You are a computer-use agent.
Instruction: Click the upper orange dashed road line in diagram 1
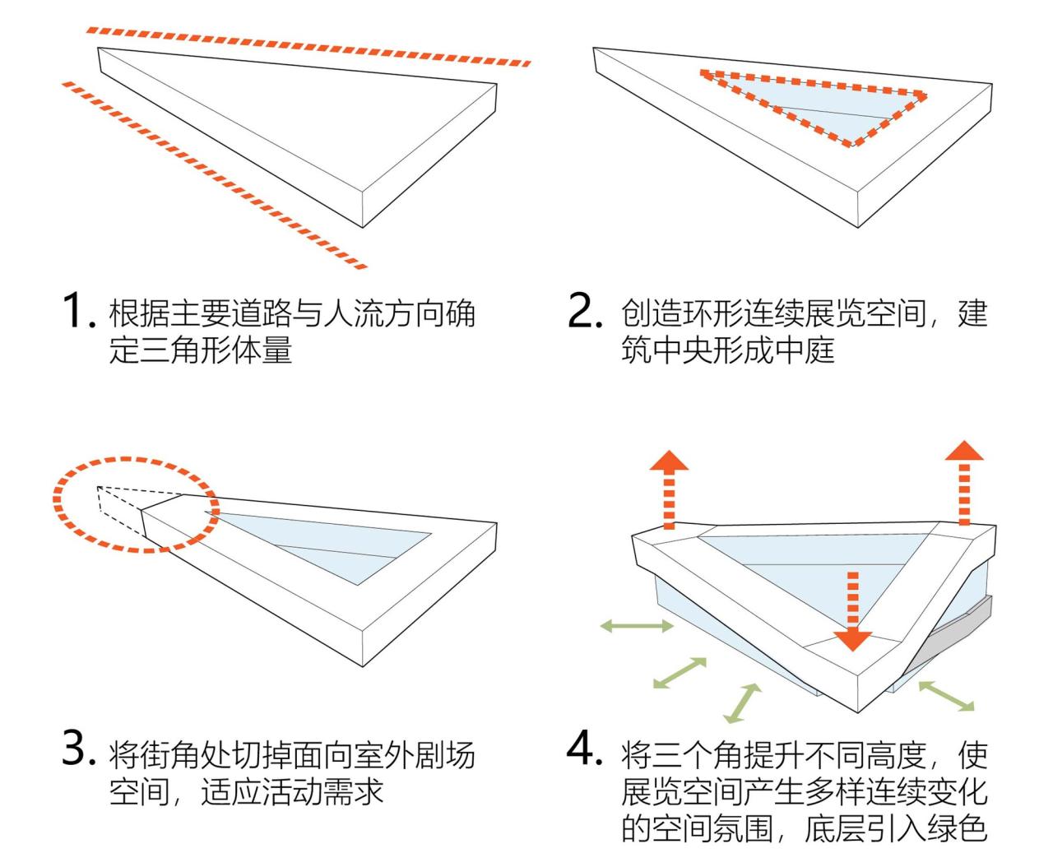(308, 45)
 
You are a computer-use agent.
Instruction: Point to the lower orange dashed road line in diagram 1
(214, 175)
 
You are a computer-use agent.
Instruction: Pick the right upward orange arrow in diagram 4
(963, 481)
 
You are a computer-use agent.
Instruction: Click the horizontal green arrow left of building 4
(637, 627)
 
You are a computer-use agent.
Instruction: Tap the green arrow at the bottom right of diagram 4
(946, 695)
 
